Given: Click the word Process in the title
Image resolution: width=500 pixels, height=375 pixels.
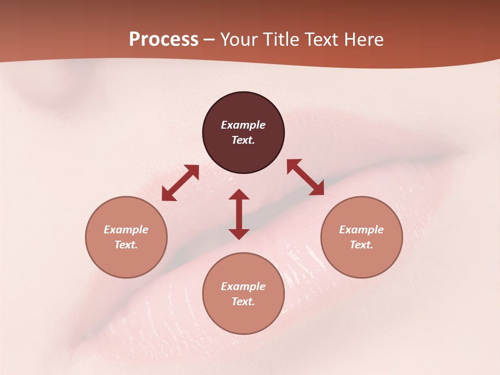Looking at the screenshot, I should pyautogui.click(x=164, y=40).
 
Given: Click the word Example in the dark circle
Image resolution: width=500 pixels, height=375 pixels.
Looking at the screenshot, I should pyautogui.click(x=243, y=125).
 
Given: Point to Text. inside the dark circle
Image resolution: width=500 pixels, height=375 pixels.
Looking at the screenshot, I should pyautogui.click(x=243, y=140).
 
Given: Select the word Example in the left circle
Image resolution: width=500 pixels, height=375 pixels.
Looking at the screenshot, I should pyautogui.click(x=126, y=230).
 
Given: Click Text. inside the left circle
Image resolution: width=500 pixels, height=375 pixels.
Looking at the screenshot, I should pyautogui.click(x=126, y=245).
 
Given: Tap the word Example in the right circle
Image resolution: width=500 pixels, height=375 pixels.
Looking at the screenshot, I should pyautogui.click(x=361, y=230).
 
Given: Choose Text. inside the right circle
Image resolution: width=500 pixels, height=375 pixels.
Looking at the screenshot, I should pyautogui.click(x=361, y=245).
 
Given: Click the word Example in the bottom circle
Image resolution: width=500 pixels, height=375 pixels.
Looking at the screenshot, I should pyautogui.click(x=243, y=286).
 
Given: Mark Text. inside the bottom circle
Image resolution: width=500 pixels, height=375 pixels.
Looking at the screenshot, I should pyautogui.click(x=243, y=302).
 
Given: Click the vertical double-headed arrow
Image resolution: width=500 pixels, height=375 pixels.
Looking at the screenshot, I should pyautogui.click(x=239, y=214).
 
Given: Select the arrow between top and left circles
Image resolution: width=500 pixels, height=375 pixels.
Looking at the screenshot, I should pyautogui.click(x=181, y=183).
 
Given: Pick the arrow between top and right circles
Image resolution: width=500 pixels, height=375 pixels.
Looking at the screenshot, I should pyautogui.click(x=305, y=177).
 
